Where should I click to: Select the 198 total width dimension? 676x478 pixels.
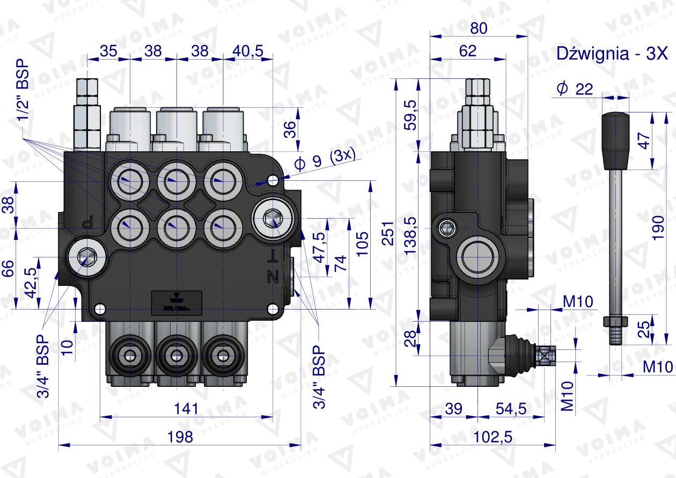click(180, 437)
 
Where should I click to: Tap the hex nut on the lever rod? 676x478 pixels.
click(615, 321)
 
